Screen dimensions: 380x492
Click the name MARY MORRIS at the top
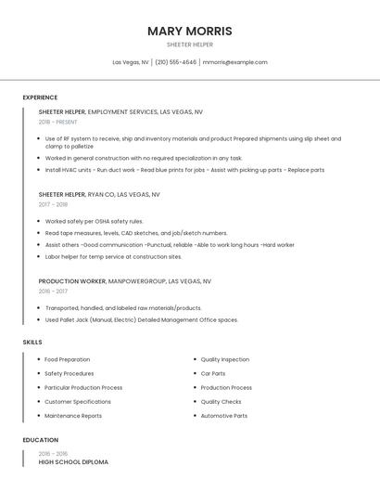pyautogui.click(x=190, y=31)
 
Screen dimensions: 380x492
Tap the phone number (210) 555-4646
pyautogui.click(x=176, y=62)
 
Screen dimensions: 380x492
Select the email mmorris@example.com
pyautogui.click(x=235, y=62)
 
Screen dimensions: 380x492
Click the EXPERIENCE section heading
pyautogui.click(x=40, y=97)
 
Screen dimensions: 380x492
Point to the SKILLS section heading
pyautogui.click(x=32, y=343)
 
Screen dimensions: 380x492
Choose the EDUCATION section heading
pyautogui.click(x=41, y=440)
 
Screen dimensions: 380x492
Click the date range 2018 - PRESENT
pyautogui.click(x=58, y=122)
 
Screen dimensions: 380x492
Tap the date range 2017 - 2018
pyautogui.click(x=53, y=204)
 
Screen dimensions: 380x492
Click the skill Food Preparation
pyautogui.click(x=67, y=359)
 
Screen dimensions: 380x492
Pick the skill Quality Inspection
pyautogui.click(x=225, y=359)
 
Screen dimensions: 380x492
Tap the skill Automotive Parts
pyautogui.click(x=224, y=416)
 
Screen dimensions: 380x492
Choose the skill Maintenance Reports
pyautogui.click(x=73, y=416)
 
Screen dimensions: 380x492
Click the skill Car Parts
pyautogui.click(x=213, y=373)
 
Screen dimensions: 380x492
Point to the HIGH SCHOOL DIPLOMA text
pyautogui.click(x=73, y=461)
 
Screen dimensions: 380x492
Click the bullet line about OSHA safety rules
pyautogui.click(x=94, y=221)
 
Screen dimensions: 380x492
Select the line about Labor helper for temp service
pyautogui.click(x=113, y=256)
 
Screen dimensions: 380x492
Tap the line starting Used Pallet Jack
pyautogui.click(x=141, y=319)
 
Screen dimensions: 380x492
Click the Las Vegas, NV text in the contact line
pyautogui.click(x=131, y=62)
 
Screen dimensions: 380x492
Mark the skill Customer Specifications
pyautogui.click(x=78, y=402)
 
